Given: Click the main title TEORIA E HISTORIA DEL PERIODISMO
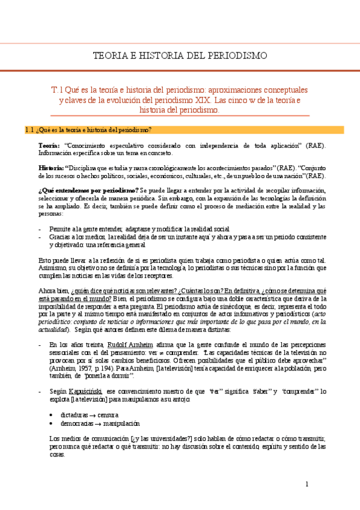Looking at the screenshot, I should (x=180, y=55).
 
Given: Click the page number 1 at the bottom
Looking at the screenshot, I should (x=307, y=485).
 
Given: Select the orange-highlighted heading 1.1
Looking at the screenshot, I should (x=89, y=130).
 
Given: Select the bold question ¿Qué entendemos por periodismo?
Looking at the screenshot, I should (x=88, y=190).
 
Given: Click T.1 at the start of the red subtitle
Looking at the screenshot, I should (x=58, y=89).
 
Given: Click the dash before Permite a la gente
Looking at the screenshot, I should (x=40, y=229).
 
